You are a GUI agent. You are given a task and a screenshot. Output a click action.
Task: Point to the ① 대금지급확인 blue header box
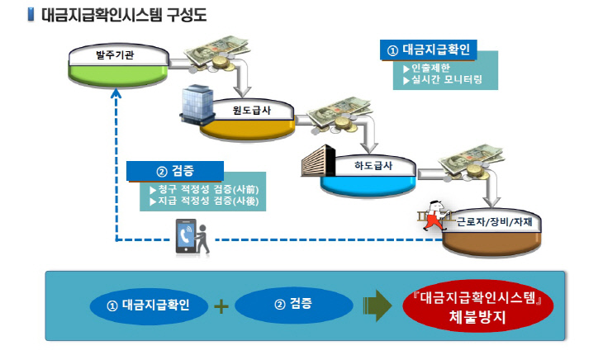pos(429,50)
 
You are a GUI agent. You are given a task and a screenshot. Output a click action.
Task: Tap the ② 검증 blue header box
pos(175,171)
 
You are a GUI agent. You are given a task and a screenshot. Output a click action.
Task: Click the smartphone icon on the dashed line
pos(184,236)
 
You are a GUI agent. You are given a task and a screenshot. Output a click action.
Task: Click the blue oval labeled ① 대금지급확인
pos(149,306)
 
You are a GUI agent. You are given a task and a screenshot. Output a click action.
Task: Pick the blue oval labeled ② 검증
pos(292,306)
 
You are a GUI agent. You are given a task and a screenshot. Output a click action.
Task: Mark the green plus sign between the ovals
pos(221,306)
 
